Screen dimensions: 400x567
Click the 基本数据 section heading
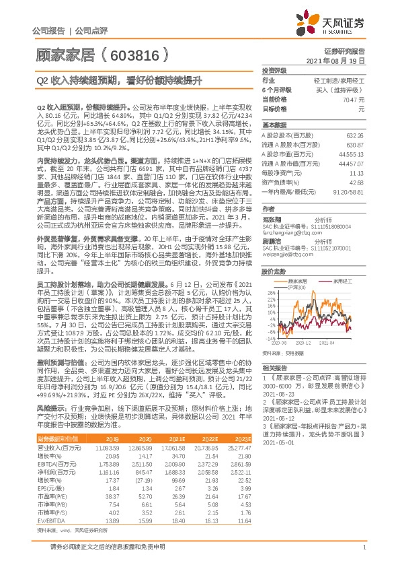[x=274, y=125]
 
